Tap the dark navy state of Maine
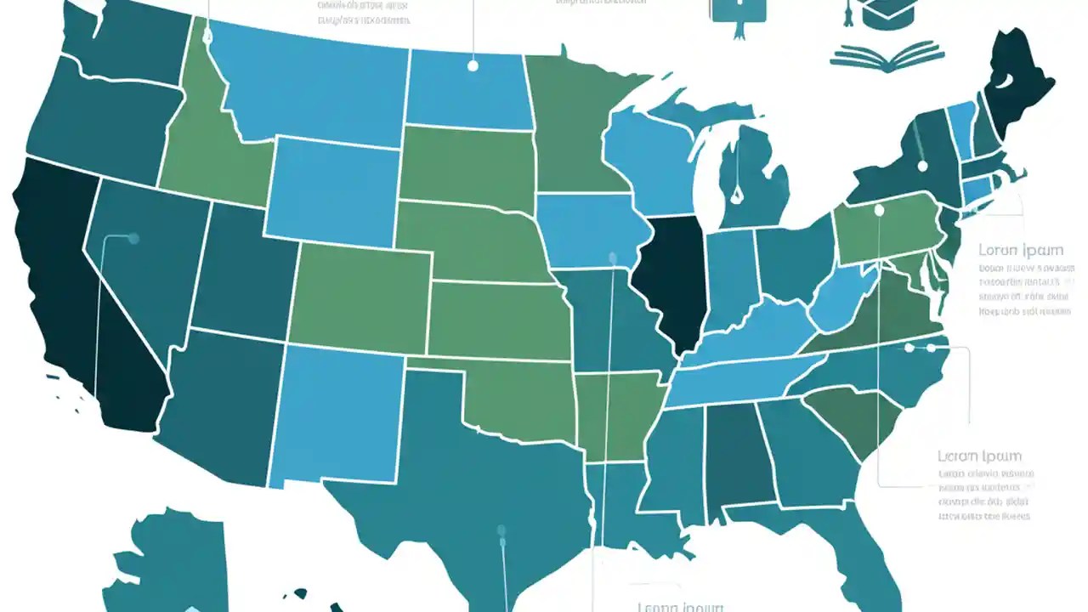click(1016, 89)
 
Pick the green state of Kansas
click(497, 319)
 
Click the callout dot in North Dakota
click(473, 65)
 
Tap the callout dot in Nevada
click(133, 239)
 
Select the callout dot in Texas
click(501, 532)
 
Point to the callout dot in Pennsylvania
click(879, 209)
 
